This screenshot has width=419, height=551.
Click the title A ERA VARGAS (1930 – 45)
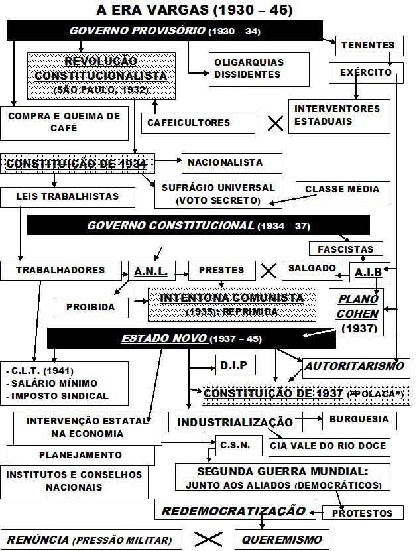194,10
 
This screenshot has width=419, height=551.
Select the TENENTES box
368,46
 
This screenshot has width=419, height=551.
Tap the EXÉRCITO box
365,72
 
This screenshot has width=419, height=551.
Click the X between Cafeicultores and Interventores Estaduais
274,123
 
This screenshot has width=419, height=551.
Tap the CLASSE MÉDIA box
342,189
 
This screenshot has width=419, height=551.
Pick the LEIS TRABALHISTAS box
68,197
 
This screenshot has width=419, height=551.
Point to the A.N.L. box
150,271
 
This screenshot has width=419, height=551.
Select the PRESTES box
221,271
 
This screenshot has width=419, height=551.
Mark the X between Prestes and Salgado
269,271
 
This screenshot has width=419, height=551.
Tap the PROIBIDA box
90,307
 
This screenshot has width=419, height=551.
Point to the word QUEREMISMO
281,540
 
